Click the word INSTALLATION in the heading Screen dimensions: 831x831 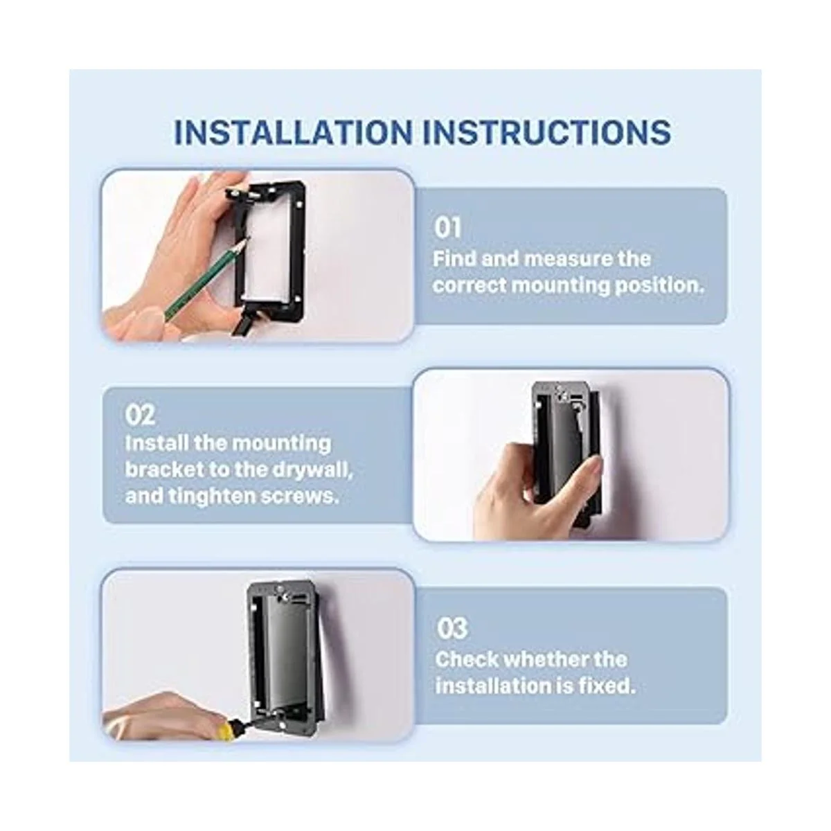point(293,132)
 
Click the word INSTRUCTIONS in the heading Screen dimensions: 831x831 point(547,132)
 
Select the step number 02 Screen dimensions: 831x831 point(140,415)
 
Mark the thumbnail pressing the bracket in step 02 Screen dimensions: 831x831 point(595,467)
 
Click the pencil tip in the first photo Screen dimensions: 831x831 point(249,238)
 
